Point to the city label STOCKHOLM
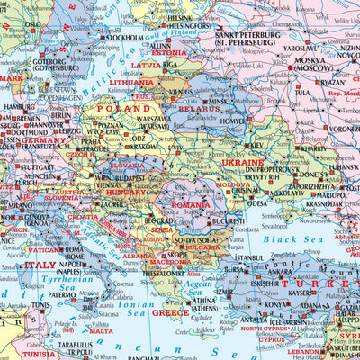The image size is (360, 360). pyautogui.click(x=124, y=39)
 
